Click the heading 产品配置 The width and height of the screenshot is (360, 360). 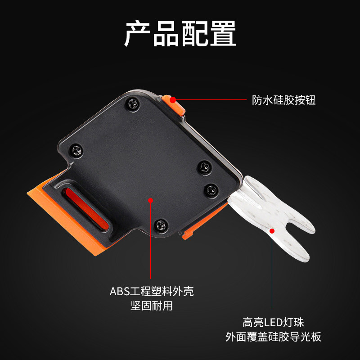180,33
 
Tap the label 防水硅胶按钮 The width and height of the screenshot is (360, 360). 284,100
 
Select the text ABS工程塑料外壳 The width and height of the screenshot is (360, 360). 152,291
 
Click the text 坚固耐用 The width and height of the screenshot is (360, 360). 152,306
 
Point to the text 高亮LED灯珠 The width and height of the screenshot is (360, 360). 273,322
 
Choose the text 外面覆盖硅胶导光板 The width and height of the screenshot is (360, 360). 273,337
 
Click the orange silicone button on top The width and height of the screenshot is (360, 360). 174,105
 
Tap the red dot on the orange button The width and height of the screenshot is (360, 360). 173,100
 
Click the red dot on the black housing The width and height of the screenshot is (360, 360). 151,200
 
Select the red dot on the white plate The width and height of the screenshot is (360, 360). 272,231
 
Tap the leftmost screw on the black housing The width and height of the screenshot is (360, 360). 76,151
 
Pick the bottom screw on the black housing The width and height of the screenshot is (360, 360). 161,225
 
